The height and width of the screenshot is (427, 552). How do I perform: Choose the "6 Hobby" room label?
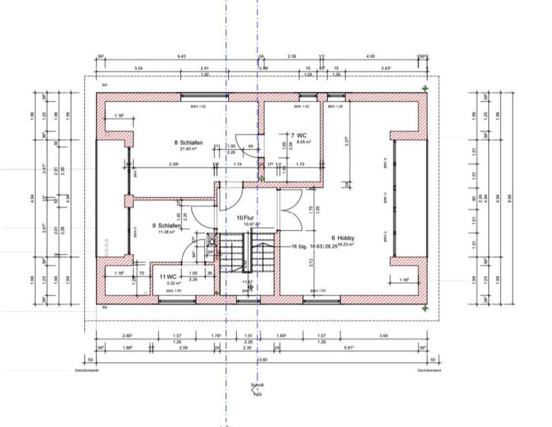coord(343,238)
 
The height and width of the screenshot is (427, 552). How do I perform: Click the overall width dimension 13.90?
coord(263,360)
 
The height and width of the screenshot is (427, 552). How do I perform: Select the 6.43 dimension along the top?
coord(182,56)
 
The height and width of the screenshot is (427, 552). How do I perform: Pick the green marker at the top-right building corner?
coord(425,88)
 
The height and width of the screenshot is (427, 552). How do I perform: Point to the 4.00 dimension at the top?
coord(370,56)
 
